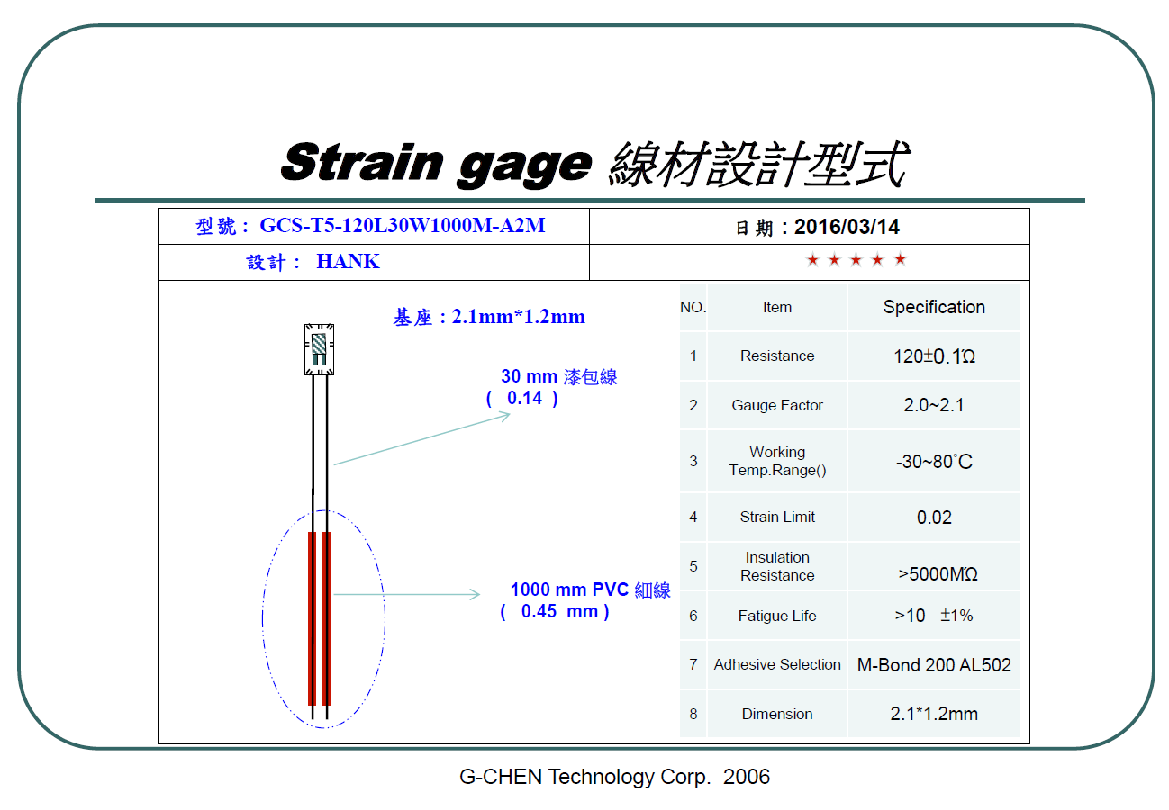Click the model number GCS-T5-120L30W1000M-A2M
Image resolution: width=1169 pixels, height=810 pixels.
403,226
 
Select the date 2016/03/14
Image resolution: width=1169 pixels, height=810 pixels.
847,227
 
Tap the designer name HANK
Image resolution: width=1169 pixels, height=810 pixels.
349,261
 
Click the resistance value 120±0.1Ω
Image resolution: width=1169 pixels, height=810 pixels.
934,356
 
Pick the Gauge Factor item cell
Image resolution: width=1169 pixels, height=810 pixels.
777,405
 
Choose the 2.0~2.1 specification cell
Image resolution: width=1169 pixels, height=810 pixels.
934,405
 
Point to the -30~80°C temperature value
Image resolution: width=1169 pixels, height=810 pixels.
934,462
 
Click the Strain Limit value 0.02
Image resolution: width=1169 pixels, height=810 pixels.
934,517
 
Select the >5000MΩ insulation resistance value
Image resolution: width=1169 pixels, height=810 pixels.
938,573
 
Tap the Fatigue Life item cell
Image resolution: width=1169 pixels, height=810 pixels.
777,616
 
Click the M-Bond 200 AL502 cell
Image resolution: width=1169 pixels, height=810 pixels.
934,665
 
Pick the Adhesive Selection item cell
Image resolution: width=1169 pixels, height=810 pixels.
777,665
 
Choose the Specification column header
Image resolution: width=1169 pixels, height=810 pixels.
934,307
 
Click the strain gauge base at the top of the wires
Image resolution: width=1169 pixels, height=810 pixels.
319,349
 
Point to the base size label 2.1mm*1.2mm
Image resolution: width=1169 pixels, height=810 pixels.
518,317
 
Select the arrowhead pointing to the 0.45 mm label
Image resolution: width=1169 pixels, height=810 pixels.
476,594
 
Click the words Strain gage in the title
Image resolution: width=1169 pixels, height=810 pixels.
436,163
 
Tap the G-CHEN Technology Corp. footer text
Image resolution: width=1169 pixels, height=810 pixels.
585,777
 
